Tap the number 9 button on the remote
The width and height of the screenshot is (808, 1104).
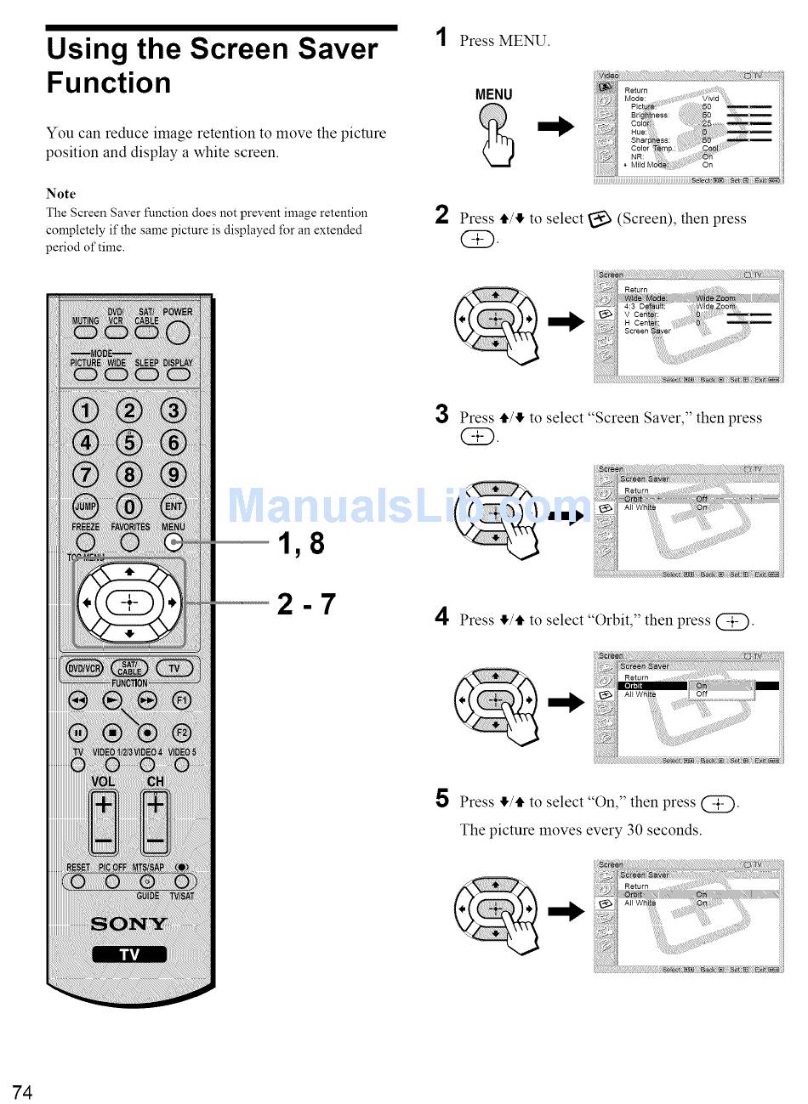[x=174, y=473]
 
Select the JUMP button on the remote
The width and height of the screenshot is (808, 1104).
[x=85, y=507]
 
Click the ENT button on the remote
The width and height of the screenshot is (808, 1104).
[x=174, y=507]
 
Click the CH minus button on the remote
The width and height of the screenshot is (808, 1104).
[x=156, y=841]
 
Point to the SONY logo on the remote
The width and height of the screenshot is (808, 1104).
[x=129, y=924]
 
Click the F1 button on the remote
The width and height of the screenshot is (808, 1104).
[x=181, y=700]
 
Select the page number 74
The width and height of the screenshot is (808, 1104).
[x=22, y=1093]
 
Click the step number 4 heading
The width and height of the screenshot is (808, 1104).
[x=441, y=617]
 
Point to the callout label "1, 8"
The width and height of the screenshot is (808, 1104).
[x=301, y=542]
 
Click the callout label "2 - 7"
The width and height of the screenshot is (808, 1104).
[x=306, y=604]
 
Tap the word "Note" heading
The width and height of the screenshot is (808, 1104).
[x=60, y=194]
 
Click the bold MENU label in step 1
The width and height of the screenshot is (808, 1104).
[x=493, y=94]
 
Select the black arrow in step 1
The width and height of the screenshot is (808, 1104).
[x=556, y=127]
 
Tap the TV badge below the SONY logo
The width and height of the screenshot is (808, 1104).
[x=129, y=954]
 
